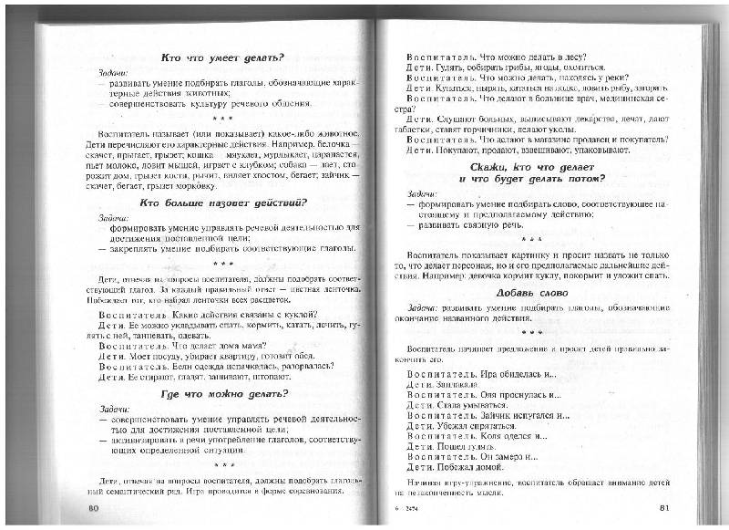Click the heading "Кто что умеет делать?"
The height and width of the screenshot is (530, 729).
(221, 58)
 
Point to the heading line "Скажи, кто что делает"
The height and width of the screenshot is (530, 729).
(533, 166)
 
